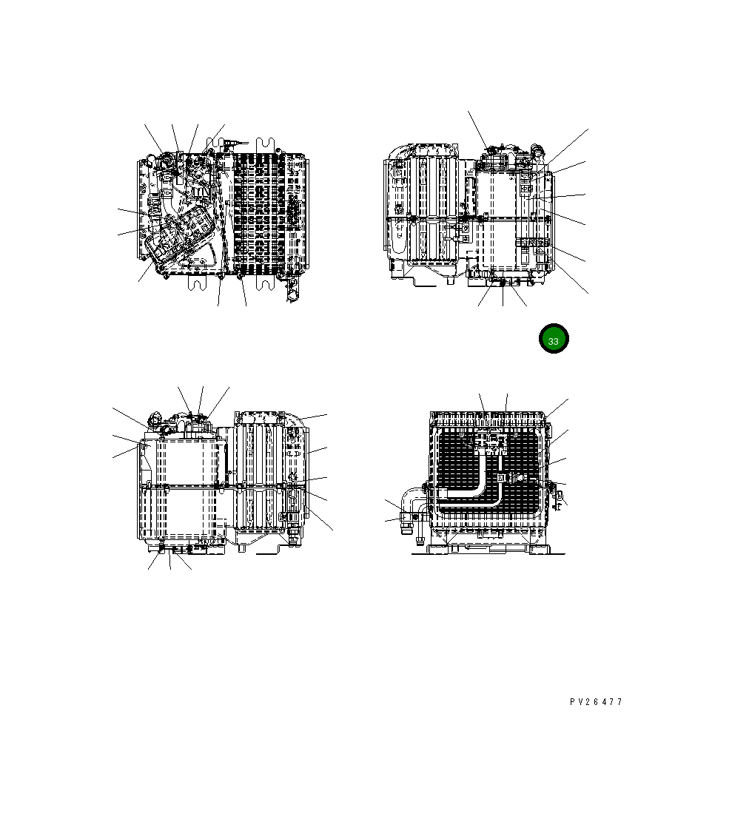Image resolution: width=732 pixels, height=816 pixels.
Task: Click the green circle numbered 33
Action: coord(554,339)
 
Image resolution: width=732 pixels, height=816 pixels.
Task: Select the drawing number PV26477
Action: coord(596,702)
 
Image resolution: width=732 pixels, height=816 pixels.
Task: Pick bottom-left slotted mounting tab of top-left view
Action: coord(197,282)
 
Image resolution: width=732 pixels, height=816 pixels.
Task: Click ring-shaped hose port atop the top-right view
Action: coord(536,150)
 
